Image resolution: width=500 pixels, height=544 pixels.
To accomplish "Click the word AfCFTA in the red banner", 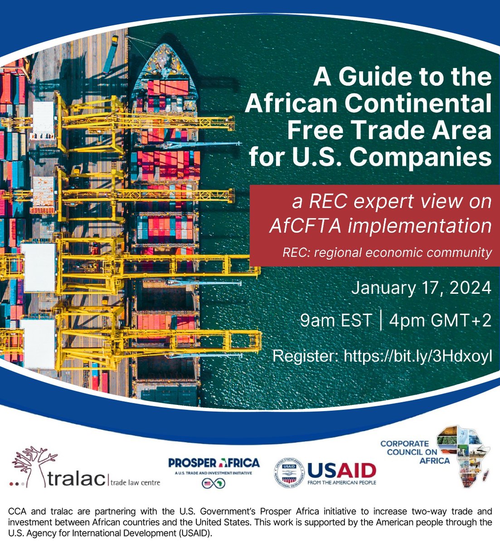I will click(313, 225).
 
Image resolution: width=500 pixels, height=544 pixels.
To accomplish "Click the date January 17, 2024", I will click(421, 288).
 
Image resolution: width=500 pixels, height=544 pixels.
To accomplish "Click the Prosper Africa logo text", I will click(214, 463).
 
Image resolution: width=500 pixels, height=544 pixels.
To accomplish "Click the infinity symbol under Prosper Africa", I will click(214, 483).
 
